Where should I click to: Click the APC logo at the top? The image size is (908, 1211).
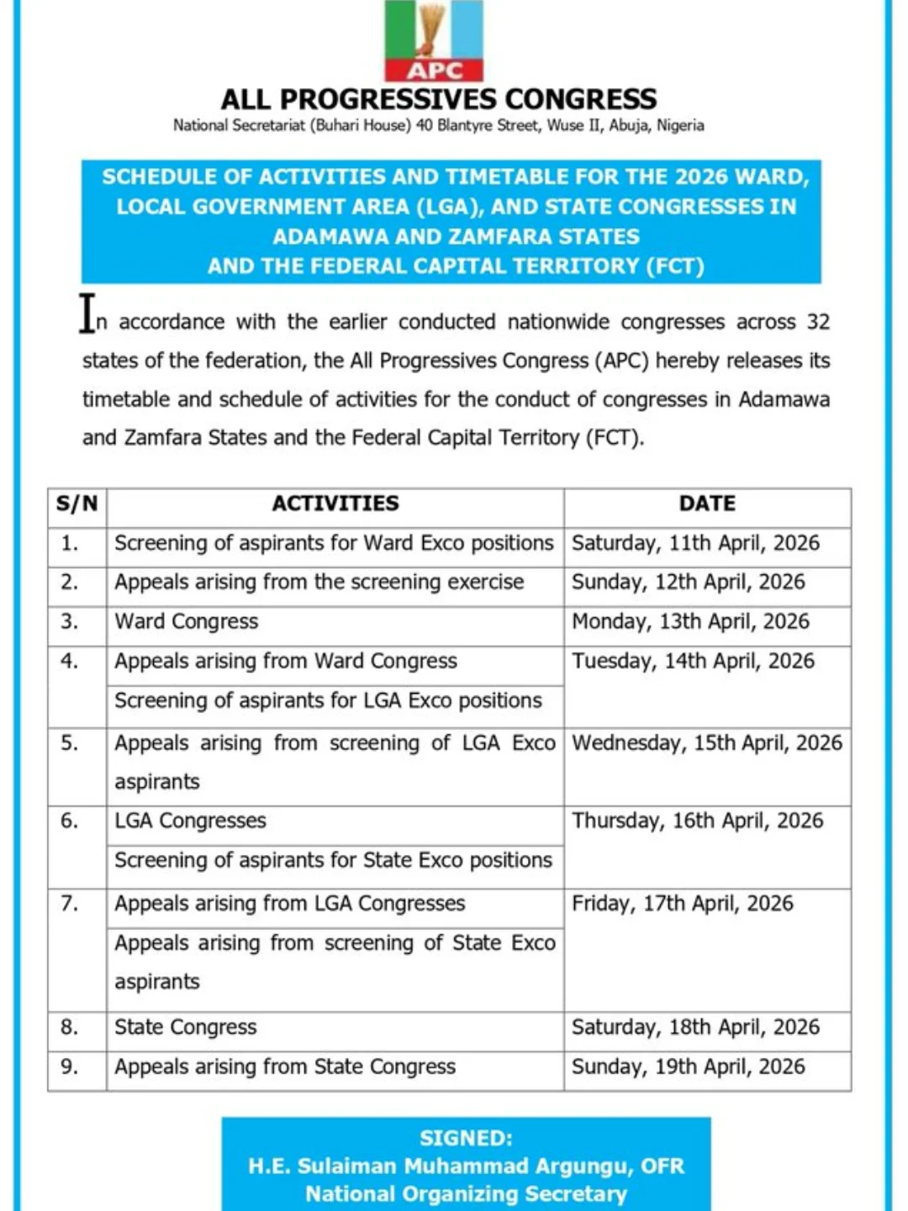434,40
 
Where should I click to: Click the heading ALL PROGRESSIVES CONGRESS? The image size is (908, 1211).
438,99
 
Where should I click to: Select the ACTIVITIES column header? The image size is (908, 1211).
335,504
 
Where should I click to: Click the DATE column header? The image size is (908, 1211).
707,504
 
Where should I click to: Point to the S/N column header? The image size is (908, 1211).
77,504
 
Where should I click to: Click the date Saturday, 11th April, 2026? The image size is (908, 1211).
695,543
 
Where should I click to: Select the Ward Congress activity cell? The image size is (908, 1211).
187,621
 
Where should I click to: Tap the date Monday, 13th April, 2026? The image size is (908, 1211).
690,621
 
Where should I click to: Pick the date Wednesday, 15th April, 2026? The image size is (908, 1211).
707,743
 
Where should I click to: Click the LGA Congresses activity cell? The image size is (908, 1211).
190,821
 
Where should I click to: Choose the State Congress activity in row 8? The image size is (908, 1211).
186,1028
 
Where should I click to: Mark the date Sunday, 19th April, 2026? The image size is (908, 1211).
688,1067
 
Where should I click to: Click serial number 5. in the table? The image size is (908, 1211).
69,743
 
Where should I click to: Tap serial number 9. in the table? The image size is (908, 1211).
69,1067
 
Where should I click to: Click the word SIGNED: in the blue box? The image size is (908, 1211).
466,1139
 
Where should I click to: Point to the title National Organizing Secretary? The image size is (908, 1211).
466,1194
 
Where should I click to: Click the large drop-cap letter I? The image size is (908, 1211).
87,313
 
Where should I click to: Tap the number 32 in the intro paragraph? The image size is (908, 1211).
818,322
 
